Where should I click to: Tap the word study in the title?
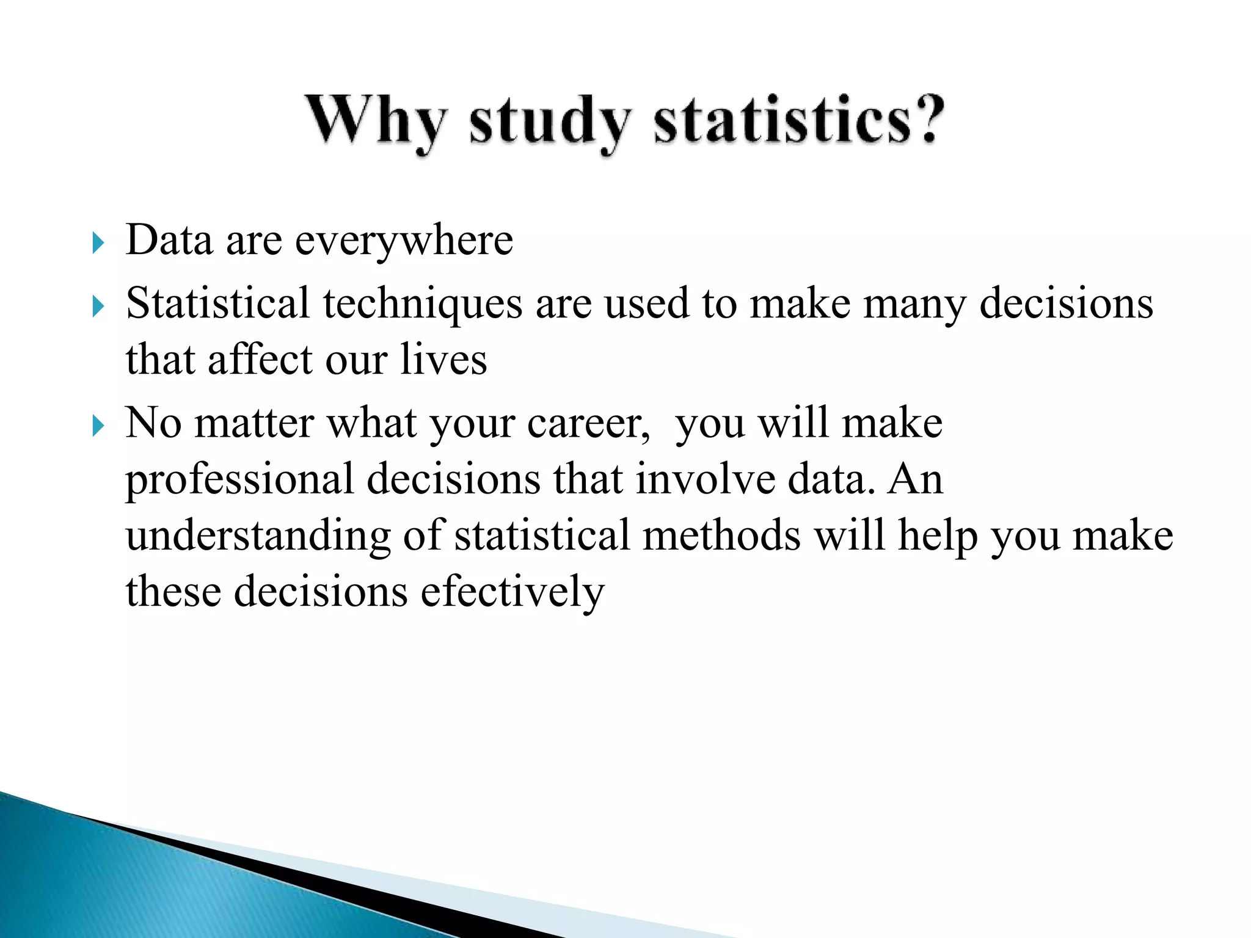550,122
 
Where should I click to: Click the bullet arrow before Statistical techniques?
98,307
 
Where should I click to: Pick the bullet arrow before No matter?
98,426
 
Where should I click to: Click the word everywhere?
404,241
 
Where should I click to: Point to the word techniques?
423,304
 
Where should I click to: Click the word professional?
239,479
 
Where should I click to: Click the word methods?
721,536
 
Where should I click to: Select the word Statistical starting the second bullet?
217,304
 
